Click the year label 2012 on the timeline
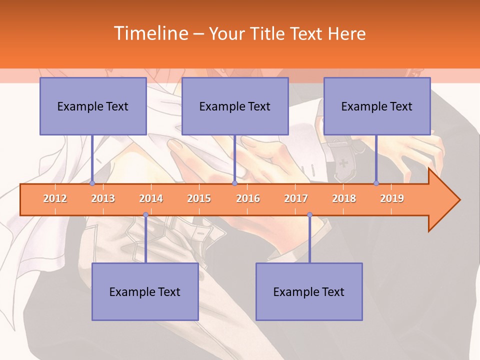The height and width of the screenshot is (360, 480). point(55,198)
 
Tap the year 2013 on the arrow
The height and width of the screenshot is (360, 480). point(103,198)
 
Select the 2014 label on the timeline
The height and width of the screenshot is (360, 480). point(151,198)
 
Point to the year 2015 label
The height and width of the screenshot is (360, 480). point(199,198)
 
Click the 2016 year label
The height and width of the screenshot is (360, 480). point(248,198)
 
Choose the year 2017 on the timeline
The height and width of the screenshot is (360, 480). point(296,198)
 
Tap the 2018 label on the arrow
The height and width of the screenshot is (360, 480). point(344,198)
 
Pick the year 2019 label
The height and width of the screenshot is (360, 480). point(392,198)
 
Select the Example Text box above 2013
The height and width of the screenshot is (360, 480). point(93,106)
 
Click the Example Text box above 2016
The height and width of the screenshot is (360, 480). point(235,106)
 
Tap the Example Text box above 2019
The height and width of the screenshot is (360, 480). point(377,106)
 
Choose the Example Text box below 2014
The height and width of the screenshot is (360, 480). point(145,291)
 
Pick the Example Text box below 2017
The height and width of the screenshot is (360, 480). point(309,291)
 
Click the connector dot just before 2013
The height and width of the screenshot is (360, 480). point(92,183)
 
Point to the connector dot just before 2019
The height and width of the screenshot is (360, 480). point(376,183)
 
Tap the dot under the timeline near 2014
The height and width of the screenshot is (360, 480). point(145,215)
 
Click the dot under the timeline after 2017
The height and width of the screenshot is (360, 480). point(309,215)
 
